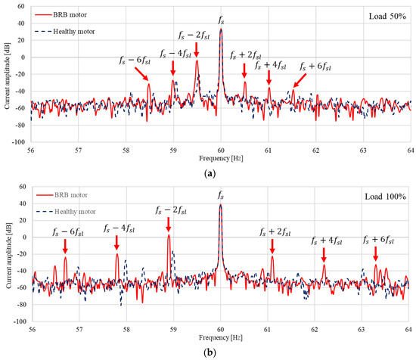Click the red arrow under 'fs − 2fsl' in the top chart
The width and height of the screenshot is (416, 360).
[197, 49]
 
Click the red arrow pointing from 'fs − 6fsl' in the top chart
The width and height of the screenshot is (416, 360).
[141, 73]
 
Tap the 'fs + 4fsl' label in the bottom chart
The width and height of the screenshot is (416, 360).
[326, 241]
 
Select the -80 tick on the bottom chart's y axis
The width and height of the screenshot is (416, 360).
[22, 304]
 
